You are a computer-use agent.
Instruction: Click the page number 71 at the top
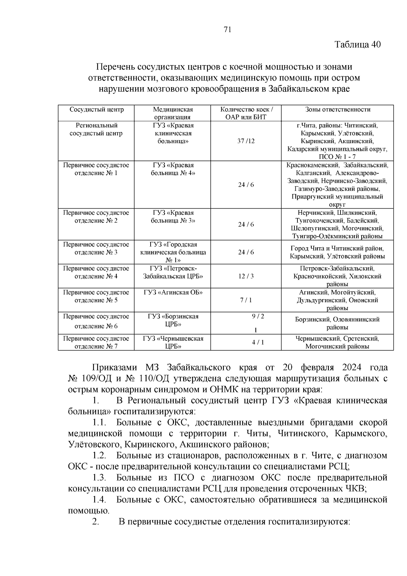coord(228,30)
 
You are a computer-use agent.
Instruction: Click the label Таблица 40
coord(358,44)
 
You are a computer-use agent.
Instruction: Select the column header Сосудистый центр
coord(97,110)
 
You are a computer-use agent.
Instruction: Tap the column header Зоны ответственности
coord(337,110)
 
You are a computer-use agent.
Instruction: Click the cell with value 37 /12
coord(246,141)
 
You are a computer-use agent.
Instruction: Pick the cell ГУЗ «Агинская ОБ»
coord(173,292)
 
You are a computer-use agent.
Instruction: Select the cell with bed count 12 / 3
coord(246,276)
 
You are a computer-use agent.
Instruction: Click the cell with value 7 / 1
coord(246,300)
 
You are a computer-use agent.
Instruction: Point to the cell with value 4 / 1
coord(258,342)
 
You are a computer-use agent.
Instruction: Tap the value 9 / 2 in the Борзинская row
coord(258,316)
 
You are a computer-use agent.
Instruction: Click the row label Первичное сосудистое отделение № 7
coord(96,342)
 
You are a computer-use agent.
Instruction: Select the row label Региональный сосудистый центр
coord(96,129)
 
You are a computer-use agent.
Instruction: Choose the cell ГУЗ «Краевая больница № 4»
coord(173,169)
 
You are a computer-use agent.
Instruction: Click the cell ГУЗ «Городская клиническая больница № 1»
coord(173,252)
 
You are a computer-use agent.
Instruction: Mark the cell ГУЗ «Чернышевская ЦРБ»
coord(173,342)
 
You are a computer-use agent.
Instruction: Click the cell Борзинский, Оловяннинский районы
coord(337,323)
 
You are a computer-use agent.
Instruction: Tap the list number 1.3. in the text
coord(99,478)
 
